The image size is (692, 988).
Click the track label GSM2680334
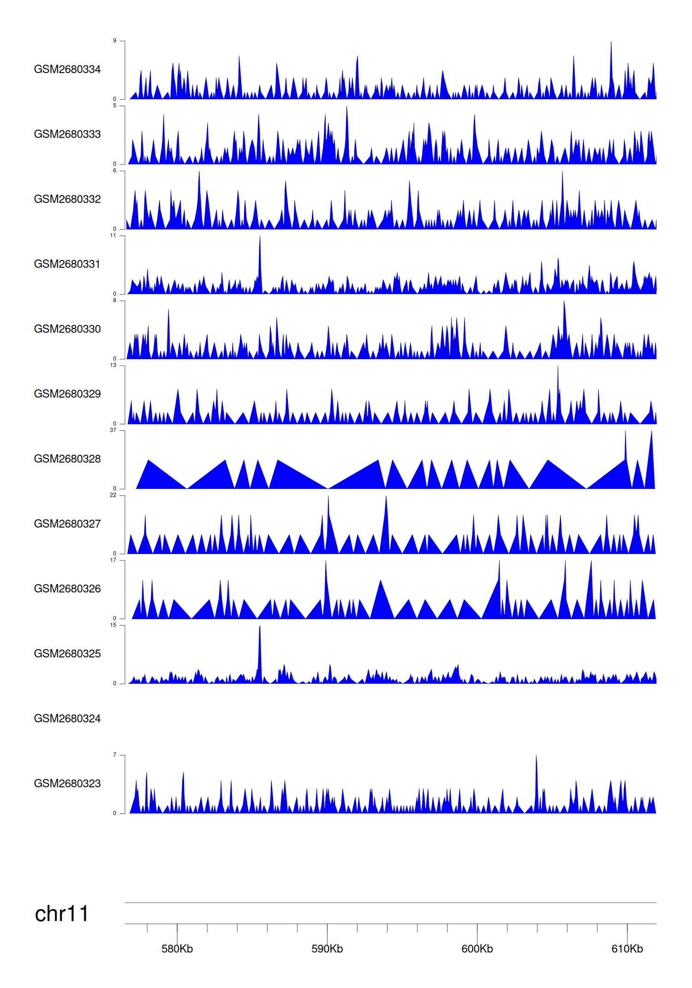pyautogui.click(x=67, y=69)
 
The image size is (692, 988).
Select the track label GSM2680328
pyautogui.click(x=67, y=459)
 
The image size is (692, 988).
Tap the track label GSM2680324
pyautogui.click(x=67, y=718)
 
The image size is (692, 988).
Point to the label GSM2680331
pyautogui.click(x=67, y=264)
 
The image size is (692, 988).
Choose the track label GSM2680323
pyautogui.click(x=67, y=783)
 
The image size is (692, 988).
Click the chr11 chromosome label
pyautogui.click(x=61, y=914)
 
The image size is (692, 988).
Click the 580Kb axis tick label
pyautogui.click(x=177, y=949)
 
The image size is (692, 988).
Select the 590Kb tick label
pyautogui.click(x=327, y=949)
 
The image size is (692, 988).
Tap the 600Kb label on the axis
pyautogui.click(x=477, y=949)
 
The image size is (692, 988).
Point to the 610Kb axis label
pyautogui.click(x=627, y=949)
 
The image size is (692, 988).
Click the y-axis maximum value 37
pyautogui.click(x=113, y=430)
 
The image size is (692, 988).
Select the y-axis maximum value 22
pyautogui.click(x=113, y=495)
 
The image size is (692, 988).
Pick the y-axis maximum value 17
pyautogui.click(x=113, y=560)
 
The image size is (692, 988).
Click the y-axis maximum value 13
pyautogui.click(x=113, y=365)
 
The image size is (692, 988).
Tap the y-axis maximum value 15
pyautogui.click(x=113, y=625)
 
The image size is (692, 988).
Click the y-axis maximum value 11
pyautogui.click(x=113, y=235)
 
